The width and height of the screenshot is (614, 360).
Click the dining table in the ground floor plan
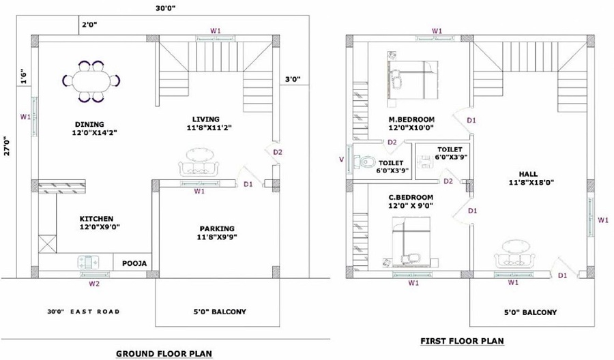[90, 82]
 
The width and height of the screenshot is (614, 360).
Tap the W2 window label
[95, 283]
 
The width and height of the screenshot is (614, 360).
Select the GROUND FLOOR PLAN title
[164, 353]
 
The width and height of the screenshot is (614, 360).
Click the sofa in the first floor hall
[513, 254]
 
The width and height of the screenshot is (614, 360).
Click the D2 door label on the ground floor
[278, 152]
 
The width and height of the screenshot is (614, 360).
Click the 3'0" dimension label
[292, 80]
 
